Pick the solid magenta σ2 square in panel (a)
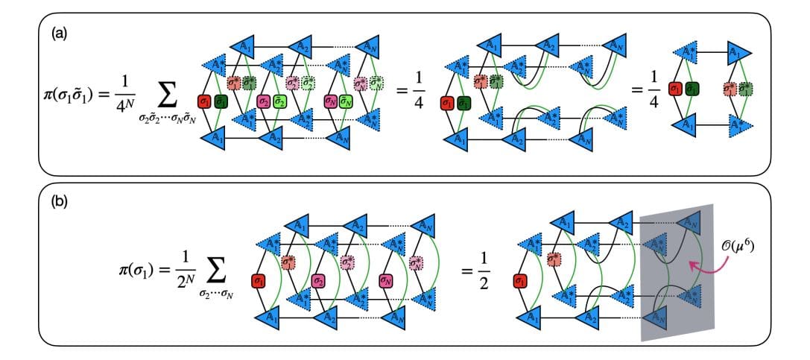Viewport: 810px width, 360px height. click(263, 101)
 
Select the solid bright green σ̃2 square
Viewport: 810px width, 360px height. click(281, 101)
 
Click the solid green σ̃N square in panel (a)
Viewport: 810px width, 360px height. click(347, 101)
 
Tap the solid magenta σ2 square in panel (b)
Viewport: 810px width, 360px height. click(318, 282)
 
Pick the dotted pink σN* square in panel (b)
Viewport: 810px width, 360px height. click(417, 262)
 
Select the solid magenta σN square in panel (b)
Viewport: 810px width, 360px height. click(386, 282)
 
